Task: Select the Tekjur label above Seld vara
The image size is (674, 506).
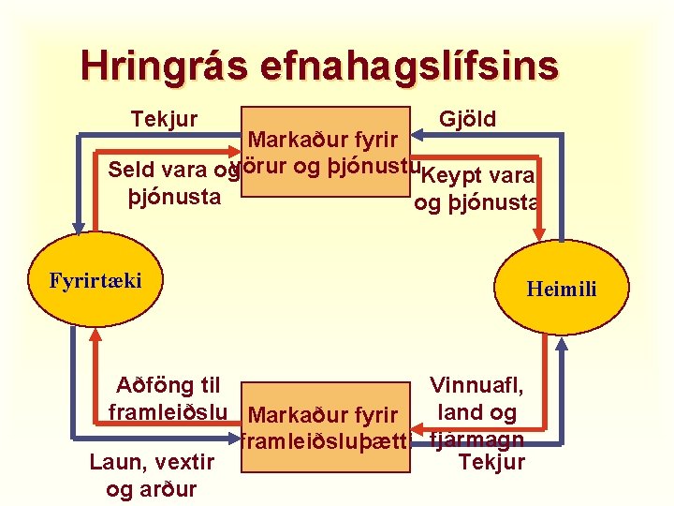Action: coord(165,119)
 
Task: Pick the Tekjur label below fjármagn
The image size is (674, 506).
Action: coord(492,463)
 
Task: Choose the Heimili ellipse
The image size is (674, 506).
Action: coord(562,289)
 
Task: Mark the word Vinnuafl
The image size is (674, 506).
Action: coord(476,385)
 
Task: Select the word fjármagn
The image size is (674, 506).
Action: coord(476,439)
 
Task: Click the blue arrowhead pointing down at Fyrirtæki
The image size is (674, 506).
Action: coord(80,225)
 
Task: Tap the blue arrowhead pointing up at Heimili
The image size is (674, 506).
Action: coord(561,343)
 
